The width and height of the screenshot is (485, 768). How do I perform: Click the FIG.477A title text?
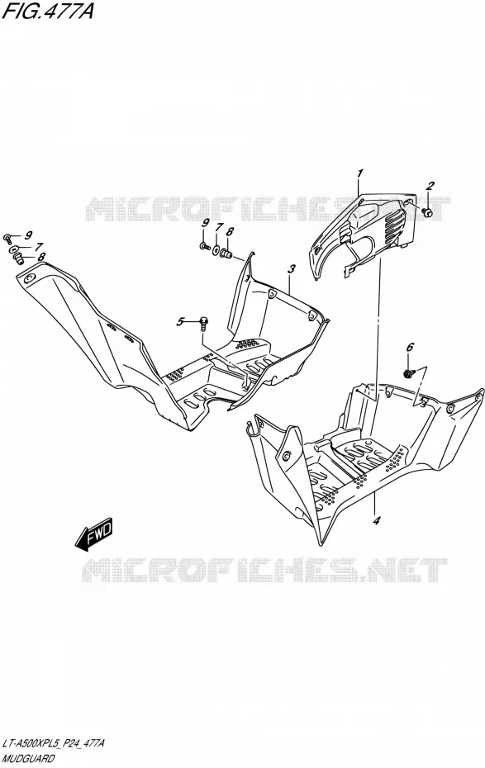[x=47, y=12]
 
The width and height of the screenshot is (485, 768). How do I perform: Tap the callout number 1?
[x=360, y=173]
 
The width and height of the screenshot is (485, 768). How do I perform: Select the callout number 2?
[x=430, y=186]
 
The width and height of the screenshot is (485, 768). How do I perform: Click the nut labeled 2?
[x=427, y=212]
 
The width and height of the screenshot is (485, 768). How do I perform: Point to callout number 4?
[x=376, y=520]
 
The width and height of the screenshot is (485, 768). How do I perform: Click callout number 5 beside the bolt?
[x=180, y=322]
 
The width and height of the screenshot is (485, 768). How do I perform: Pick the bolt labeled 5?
[x=203, y=323]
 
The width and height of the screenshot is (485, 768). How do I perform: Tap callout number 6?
[x=410, y=348]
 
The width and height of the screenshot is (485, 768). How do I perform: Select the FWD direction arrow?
[x=93, y=532]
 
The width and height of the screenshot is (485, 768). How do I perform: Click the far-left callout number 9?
[x=28, y=235]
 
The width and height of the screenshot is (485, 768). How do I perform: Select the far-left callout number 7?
[x=39, y=247]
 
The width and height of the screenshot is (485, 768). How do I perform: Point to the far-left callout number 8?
[x=41, y=257]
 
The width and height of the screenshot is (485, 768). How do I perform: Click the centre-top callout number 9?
[x=205, y=224]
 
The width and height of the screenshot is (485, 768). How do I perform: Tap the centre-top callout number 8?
[x=229, y=231]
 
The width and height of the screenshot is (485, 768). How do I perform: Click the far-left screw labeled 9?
[x=8, y=238]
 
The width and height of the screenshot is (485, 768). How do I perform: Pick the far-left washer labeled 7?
[x=15, y=249]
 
